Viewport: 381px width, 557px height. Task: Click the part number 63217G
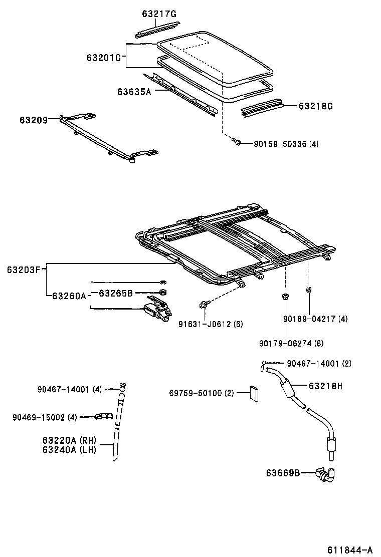[x=159, y=14]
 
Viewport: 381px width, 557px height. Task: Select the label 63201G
[x=104, y=57]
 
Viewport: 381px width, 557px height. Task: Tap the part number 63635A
[x=134, y=92]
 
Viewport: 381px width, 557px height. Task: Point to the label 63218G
[x=316, y=106]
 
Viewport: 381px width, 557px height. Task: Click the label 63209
[x=34, y=120]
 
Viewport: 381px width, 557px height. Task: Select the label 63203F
[x=24, y=269]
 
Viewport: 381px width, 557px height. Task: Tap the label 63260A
[x=69, y=296]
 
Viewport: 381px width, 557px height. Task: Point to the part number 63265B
[x=115, y=293]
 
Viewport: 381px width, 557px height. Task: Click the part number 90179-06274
[x=291, y=343]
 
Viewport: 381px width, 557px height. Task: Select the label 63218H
[x=325, y=386]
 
